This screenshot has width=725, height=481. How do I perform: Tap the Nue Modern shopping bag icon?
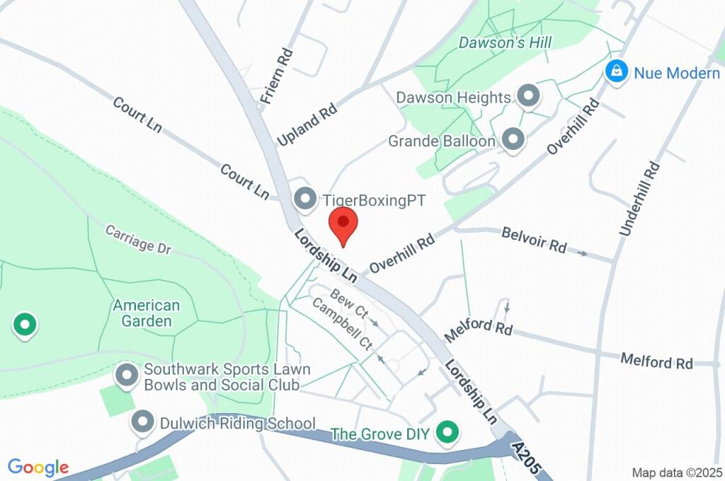click(617, 71)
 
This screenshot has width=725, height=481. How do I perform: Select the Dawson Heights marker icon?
click(527, 96)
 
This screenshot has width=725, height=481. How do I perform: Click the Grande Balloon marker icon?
click(513, 140)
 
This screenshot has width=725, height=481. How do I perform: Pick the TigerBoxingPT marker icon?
click(305, 199)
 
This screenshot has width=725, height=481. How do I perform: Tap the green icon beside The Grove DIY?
click(446, 432)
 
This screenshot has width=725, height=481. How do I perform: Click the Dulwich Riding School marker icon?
click(144, 422)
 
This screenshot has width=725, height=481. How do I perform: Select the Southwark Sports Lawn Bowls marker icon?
click(127, 375)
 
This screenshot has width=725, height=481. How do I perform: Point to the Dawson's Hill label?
click(505, 43)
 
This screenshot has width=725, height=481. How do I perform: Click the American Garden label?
click(147, 313)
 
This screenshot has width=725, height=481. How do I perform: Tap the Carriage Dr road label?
click(139, 239)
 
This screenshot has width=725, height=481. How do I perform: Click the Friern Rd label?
click(277, 76)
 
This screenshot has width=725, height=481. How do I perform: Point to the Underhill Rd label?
click(640, 199)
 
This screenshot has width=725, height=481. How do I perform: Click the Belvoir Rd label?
click(534, 240)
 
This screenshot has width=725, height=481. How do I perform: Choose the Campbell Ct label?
click(342, 326)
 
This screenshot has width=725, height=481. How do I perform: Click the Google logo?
click(38, 467)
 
